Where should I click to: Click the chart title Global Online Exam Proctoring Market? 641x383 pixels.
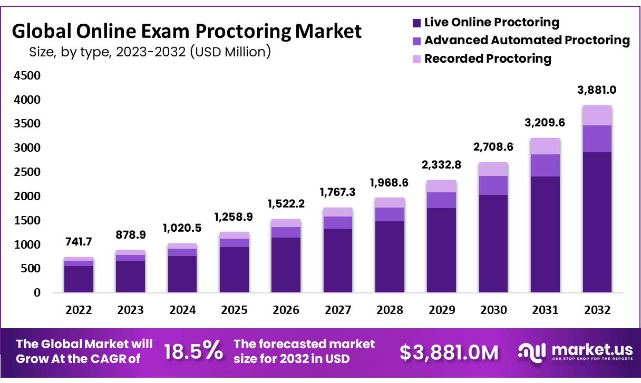point(187,32)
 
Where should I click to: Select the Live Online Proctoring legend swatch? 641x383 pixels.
point(416,23)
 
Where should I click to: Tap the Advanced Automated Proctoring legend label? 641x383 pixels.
point(527,40)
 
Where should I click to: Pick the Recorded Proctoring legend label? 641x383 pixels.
point(488,58)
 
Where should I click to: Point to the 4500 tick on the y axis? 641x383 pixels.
point(26,75)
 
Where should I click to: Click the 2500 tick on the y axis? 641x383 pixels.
point(26,172)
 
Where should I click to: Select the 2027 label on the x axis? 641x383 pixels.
point(338,310)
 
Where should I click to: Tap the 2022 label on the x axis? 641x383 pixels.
point(79,310)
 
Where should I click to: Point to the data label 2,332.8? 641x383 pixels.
point(442,164)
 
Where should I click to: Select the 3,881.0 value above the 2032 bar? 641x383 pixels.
point(597,90)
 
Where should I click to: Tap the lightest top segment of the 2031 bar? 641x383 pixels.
point(545,146)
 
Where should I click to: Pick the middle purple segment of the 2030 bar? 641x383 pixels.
point(493,185)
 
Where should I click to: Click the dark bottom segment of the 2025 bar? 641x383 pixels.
point(234,269)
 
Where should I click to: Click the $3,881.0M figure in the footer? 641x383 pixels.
point(449,353)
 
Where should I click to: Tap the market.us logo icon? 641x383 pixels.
point(531,352)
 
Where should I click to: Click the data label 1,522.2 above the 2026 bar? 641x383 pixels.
point(286,203)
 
